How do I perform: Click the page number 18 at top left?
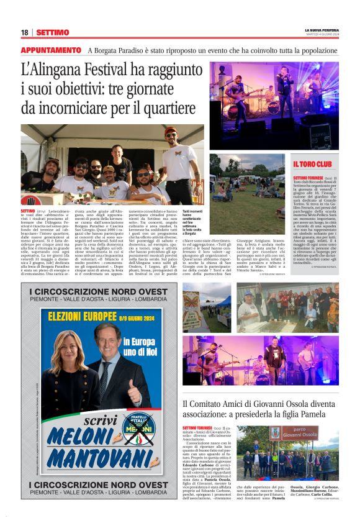click(x=24, y=32)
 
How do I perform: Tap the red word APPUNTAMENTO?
click(x=51, y=50)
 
